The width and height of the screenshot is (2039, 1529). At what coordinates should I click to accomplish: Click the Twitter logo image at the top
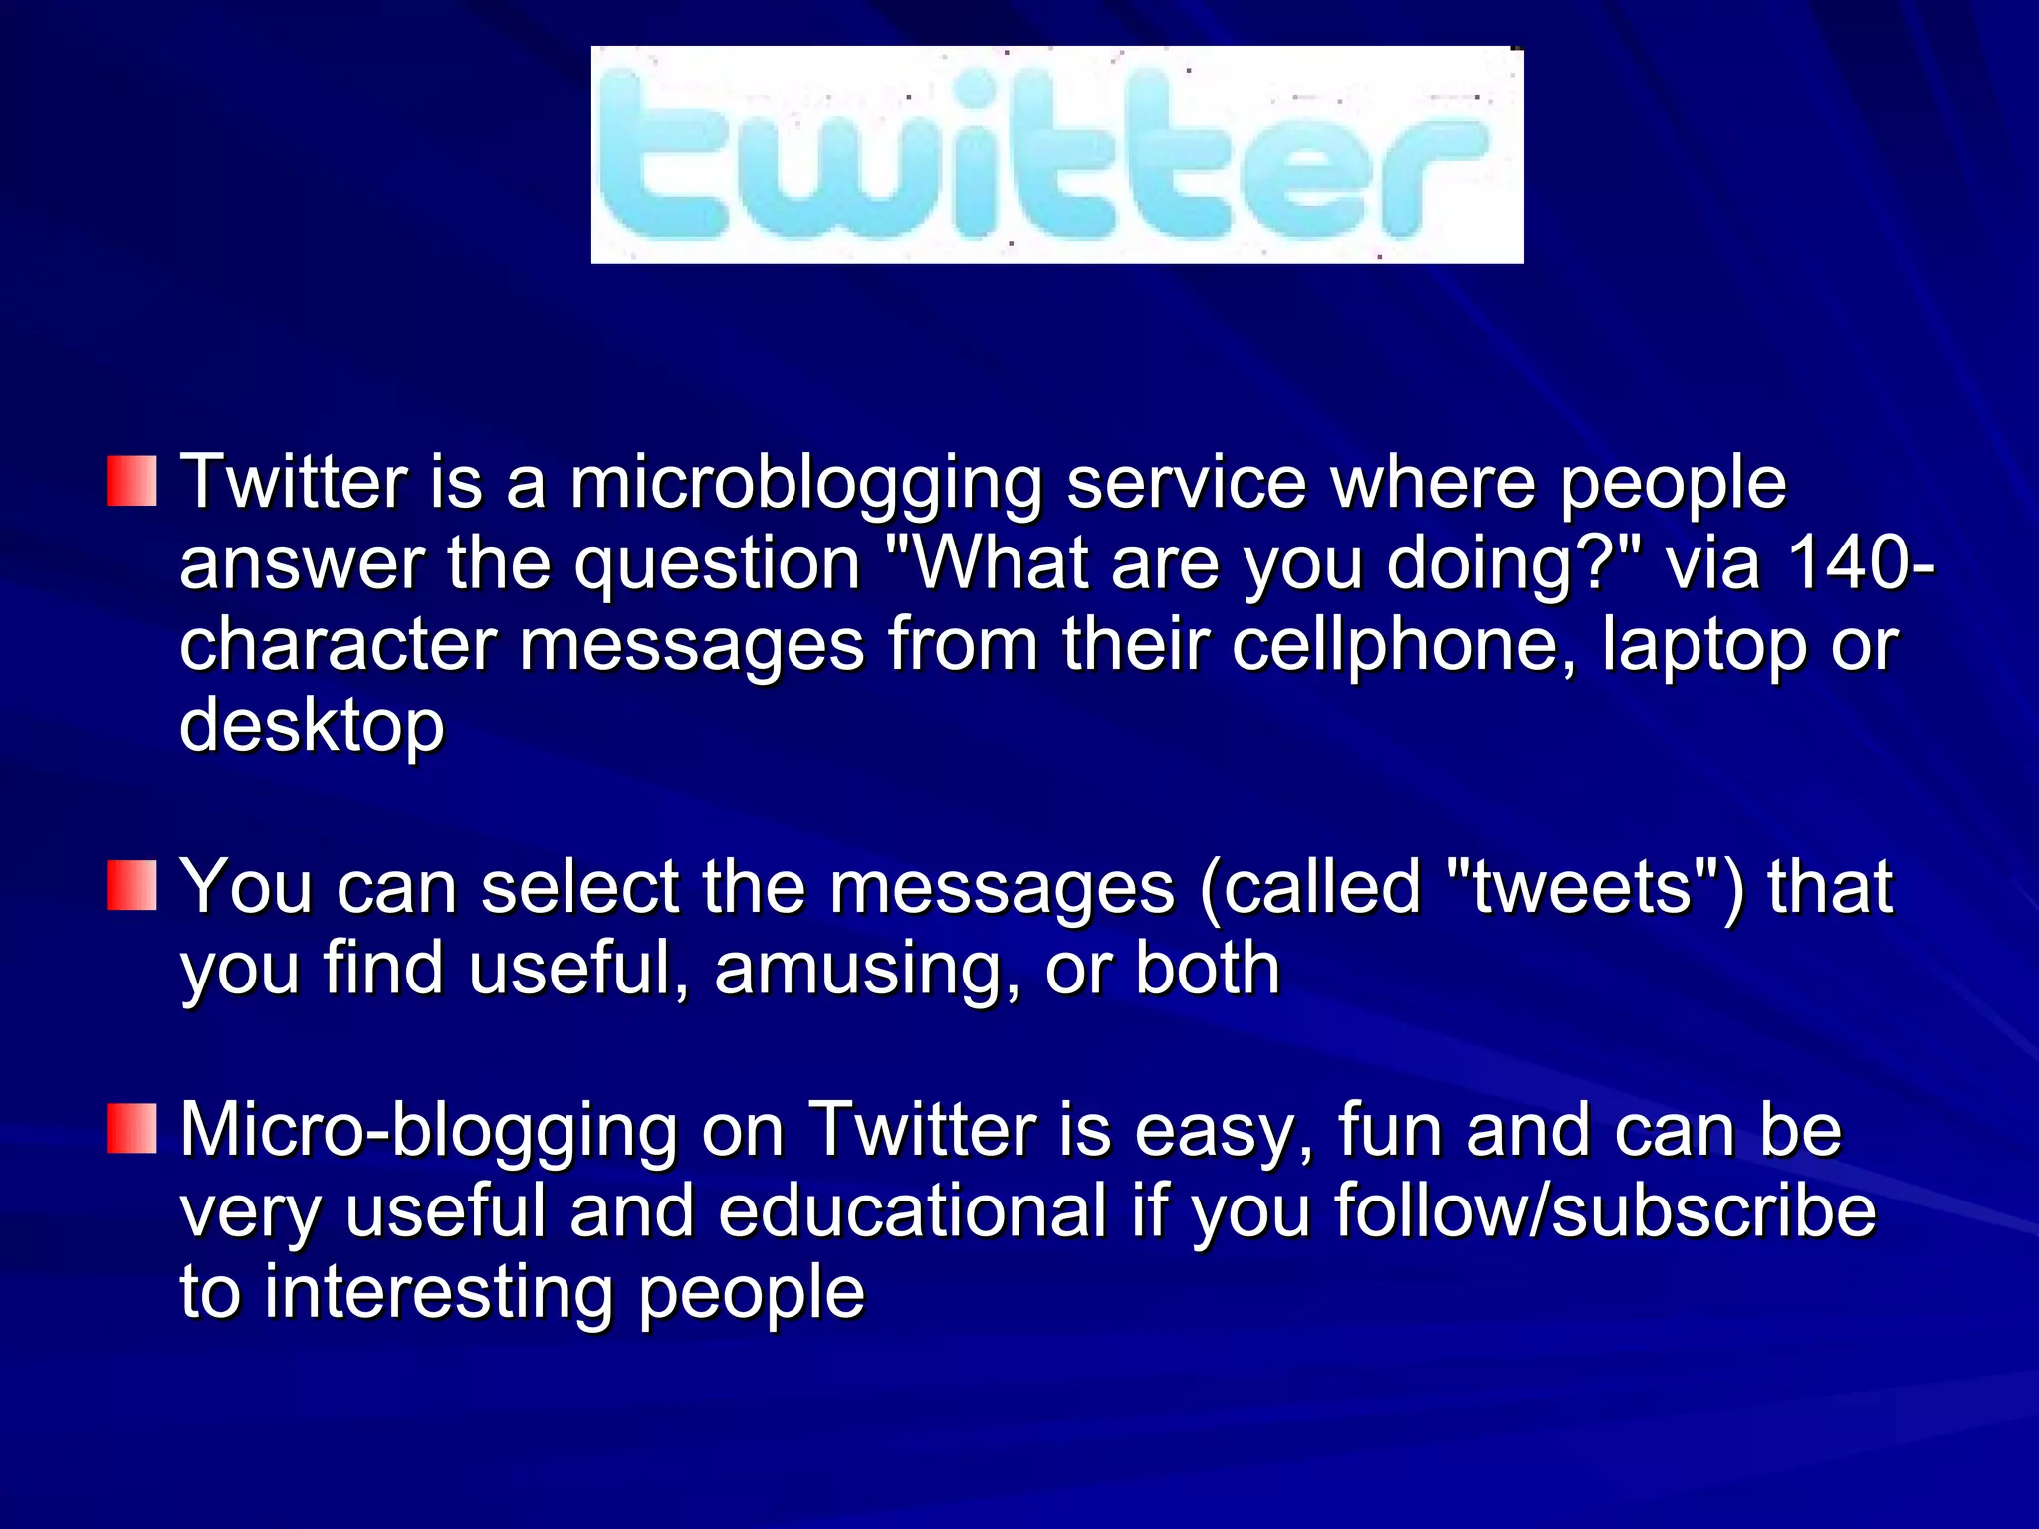1056,154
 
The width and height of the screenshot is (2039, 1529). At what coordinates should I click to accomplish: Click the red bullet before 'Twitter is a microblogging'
131,482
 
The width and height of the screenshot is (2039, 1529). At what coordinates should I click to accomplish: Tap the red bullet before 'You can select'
131,886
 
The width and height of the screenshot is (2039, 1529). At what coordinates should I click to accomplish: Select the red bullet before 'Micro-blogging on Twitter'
131,1129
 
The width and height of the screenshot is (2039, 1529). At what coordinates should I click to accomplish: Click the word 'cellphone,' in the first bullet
1404,645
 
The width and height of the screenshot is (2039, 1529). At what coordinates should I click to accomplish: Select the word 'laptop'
1703,645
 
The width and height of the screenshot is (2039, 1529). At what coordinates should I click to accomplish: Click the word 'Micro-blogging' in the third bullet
428,1131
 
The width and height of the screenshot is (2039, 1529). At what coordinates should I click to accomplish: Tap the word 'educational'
912,1210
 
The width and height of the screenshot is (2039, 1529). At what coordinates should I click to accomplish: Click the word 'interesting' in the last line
438,1292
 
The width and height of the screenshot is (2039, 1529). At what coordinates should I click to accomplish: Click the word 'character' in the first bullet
338,645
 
